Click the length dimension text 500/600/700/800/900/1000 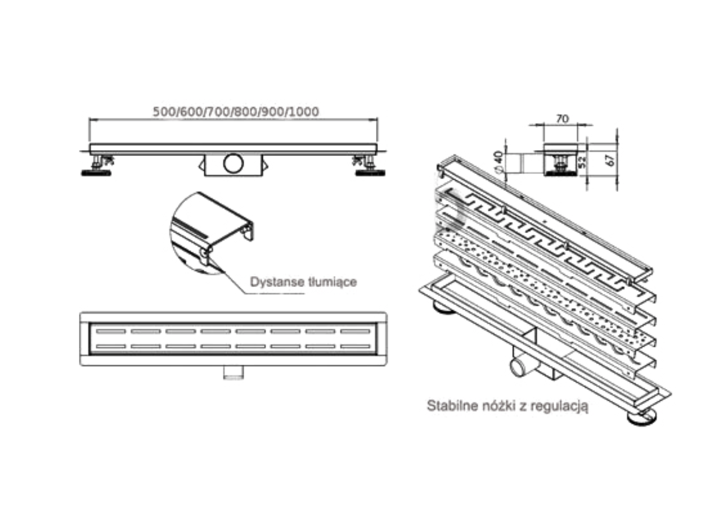pos(236,112)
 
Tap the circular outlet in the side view pos(234,163)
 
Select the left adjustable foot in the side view pos(96,166)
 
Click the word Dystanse pos(274,282)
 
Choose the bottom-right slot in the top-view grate pos(355,347)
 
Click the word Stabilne pos(447,405)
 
